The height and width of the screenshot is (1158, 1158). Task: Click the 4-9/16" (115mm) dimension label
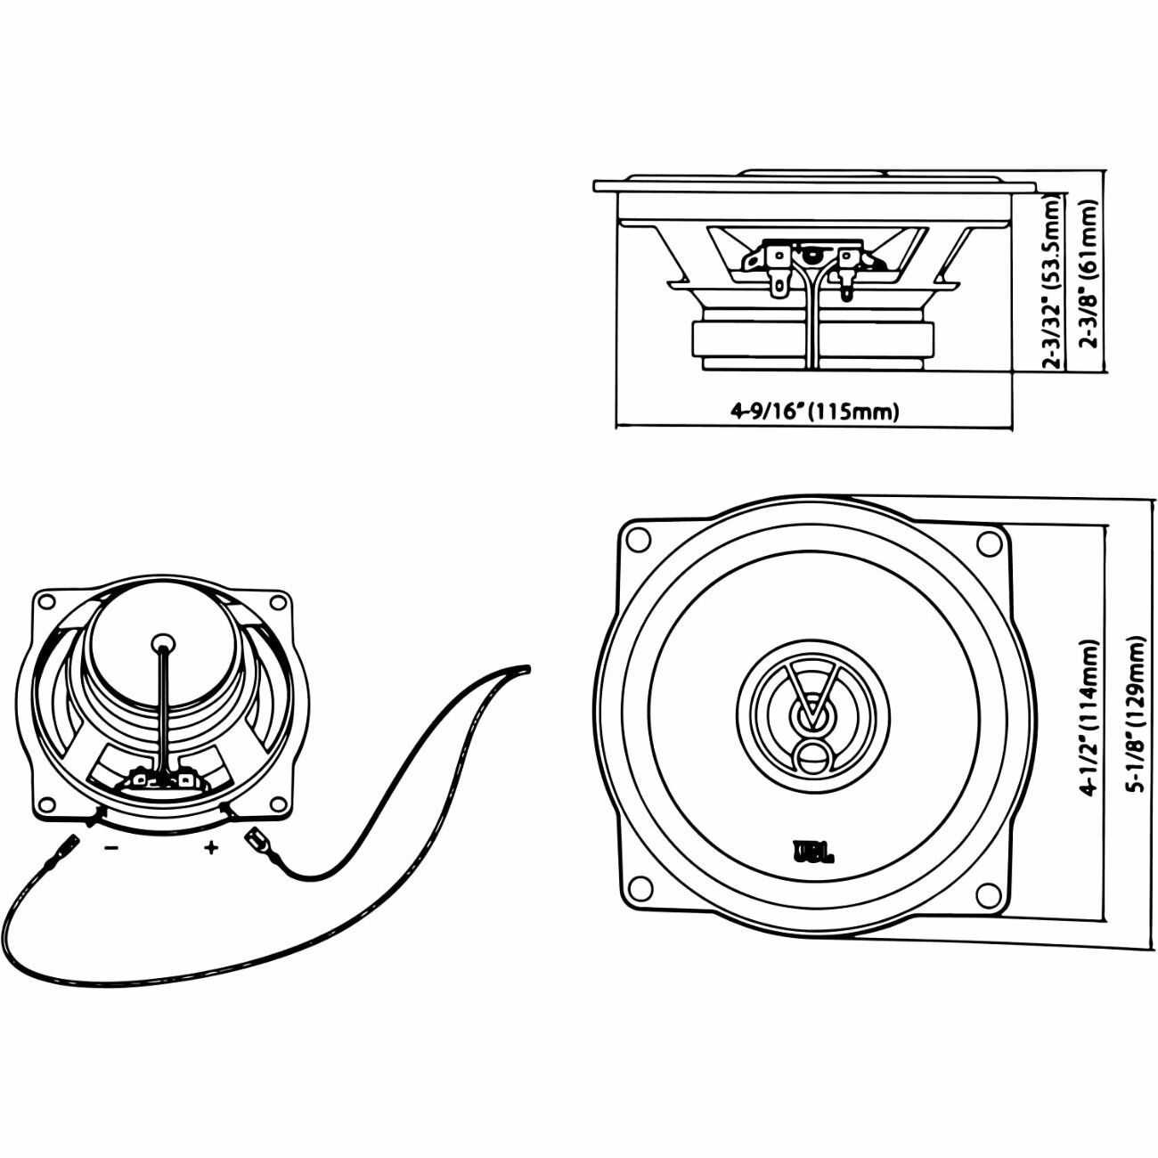[x=815, y=411]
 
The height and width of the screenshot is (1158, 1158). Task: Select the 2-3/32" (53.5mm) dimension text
[x=1054, y=282]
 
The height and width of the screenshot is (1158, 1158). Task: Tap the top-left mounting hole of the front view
[x=638, y=539]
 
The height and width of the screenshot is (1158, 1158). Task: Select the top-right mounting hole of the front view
[x=988, y=540]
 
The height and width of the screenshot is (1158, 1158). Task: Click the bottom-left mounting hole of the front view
[x=638, y=889]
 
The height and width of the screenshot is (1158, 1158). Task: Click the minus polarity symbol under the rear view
[x=110, y=848]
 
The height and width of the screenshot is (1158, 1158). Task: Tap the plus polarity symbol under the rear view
[x=211, y=848]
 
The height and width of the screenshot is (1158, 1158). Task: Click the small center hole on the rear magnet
[x=162, y=642]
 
